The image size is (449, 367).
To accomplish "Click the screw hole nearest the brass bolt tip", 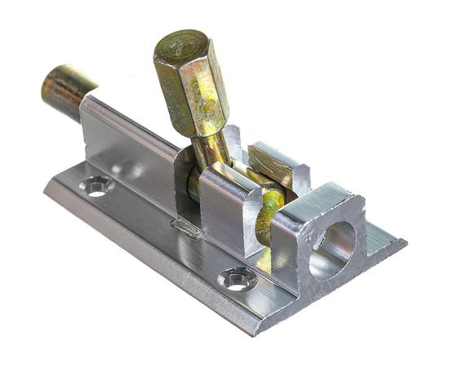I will (x=97, y=187).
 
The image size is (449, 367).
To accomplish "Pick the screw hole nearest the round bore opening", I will (x=238, y=280).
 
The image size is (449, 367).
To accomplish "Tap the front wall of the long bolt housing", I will (x=131, y=151).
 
